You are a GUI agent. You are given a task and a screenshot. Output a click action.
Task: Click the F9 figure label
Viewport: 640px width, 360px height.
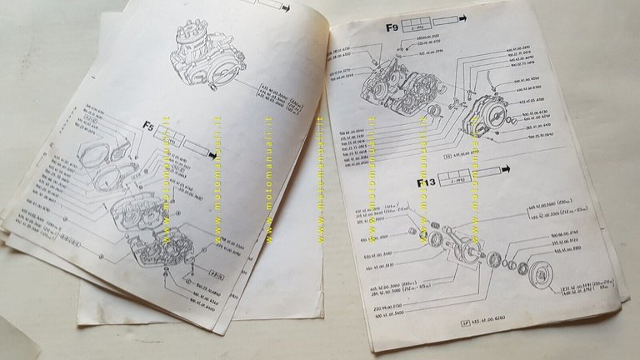pyautogui.click(x=392, y=27)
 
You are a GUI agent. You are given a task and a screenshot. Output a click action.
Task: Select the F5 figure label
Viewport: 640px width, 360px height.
pyautogui.click(x=147, y=127)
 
